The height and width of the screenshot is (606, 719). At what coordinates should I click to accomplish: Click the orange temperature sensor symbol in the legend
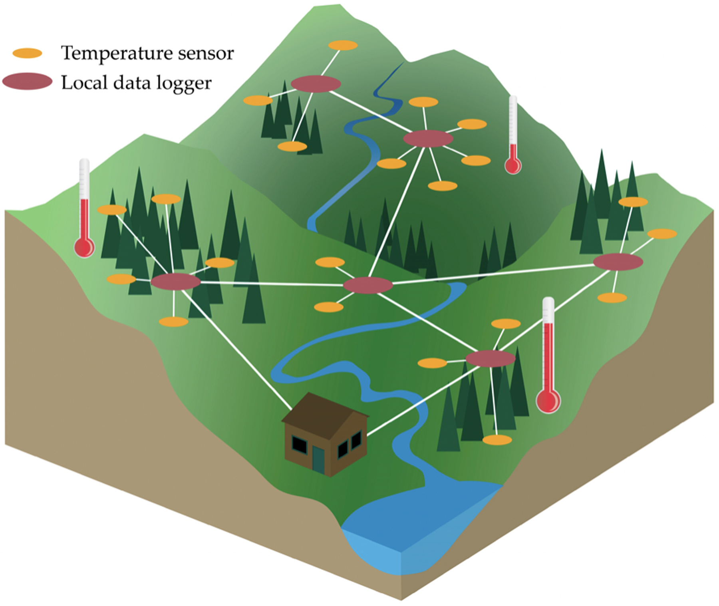pyautogui.click(x=27, y=53)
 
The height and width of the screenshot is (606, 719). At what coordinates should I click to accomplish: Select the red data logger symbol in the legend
pyautogui.click(x=27, y=81)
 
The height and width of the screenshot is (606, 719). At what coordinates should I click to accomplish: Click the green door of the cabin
pyautogui.click(x=318, y=459)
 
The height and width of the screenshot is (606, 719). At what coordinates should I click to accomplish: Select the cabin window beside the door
pyautogui.click(x=299, y=444)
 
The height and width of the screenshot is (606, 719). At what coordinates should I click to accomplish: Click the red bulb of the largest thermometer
pyautogui.click(x=548, y=401)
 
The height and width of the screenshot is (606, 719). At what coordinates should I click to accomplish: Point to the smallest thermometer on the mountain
pyautogui.click(x=513, y=136)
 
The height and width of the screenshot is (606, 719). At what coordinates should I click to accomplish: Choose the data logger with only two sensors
pyautogui.click(x=368, y=285)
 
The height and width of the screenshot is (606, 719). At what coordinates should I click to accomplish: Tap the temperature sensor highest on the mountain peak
pyautogui.click(x=343, y=45)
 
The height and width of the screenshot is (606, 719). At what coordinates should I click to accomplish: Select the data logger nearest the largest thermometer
pyautogui.click(x=491, y=358)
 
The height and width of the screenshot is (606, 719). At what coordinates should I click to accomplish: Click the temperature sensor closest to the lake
pyautogui.click(x=497, y=440)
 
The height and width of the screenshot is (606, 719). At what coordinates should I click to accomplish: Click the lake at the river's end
pyautogui.click(x=415, y=519)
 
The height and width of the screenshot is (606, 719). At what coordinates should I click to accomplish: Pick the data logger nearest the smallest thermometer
pyautogui.click(x=428, y=139)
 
